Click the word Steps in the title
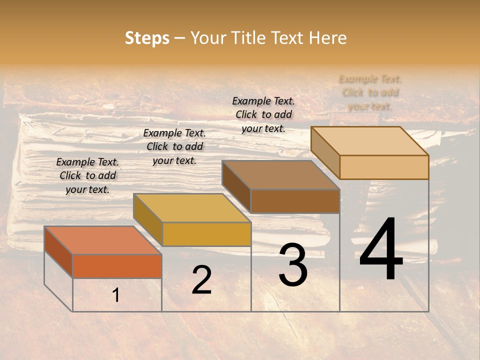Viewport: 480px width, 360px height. click(x=147, y=38)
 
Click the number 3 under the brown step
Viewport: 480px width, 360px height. click(x=293, y=265)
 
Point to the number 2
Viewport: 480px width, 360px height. click(x=201, y=280)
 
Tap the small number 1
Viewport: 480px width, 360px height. click(x=116, y=295)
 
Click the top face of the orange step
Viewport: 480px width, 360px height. click(x=103, y=240)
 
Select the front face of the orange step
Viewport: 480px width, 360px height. click(x=117, y=266)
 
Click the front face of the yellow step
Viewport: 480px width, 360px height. click(x=206, y=234)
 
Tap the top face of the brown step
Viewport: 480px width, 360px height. click(x=281, y=175)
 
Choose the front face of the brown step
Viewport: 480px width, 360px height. click(x=295, y=201)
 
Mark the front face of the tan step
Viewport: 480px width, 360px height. click(x=384, y=167)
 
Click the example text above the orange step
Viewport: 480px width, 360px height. click(x=87, y=175)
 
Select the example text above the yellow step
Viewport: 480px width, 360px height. click(x=174, y=146)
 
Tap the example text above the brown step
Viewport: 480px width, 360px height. click(x=263, y=114)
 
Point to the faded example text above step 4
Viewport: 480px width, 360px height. click(x=370, y=92)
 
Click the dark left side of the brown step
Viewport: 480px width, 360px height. click(x=236, y=186)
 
